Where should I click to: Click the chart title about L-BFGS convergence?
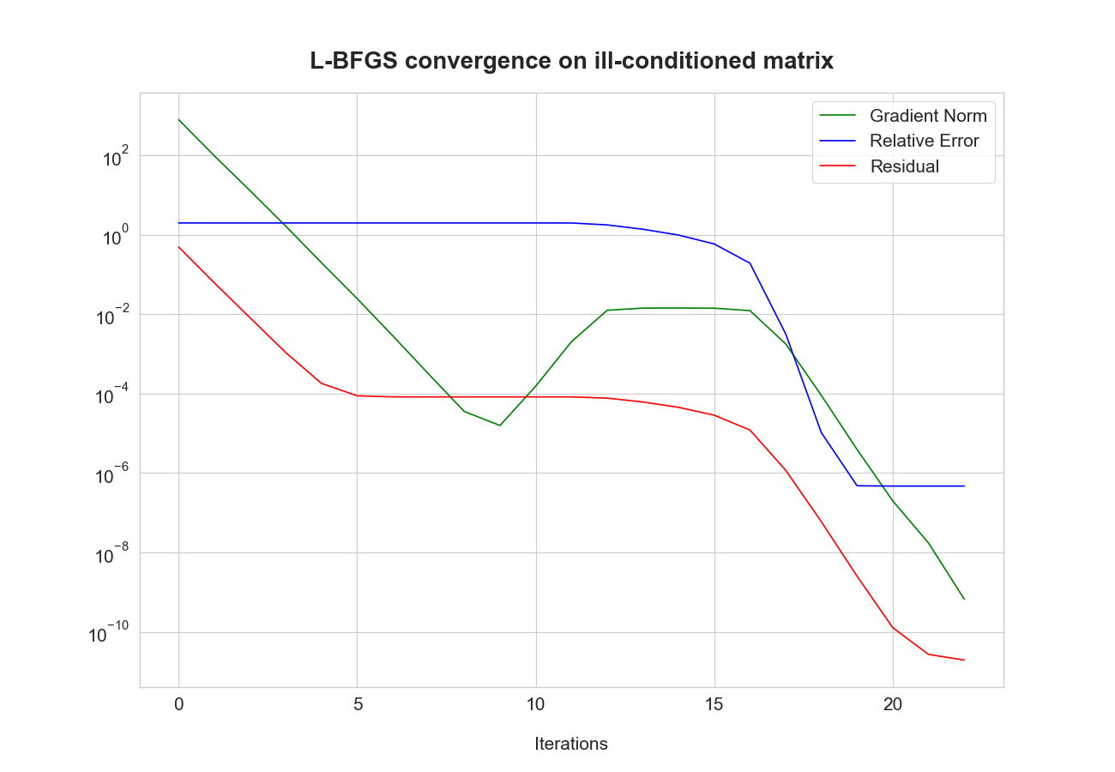571,61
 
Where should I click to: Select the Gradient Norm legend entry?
927,116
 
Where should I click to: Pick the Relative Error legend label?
924,141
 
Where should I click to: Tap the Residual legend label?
904,166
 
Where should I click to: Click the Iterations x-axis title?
571,744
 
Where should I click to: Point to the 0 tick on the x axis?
178,705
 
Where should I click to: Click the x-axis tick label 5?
358,705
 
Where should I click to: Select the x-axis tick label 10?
536,705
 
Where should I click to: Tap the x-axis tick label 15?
714,705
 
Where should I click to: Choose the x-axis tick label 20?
893,705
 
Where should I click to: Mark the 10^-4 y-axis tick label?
111,395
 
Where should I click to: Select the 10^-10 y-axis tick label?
109,634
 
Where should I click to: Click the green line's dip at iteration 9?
500,425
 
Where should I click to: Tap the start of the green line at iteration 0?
178,119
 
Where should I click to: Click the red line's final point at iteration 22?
964,660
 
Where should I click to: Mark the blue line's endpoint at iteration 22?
964,486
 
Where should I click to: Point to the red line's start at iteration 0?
178,247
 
